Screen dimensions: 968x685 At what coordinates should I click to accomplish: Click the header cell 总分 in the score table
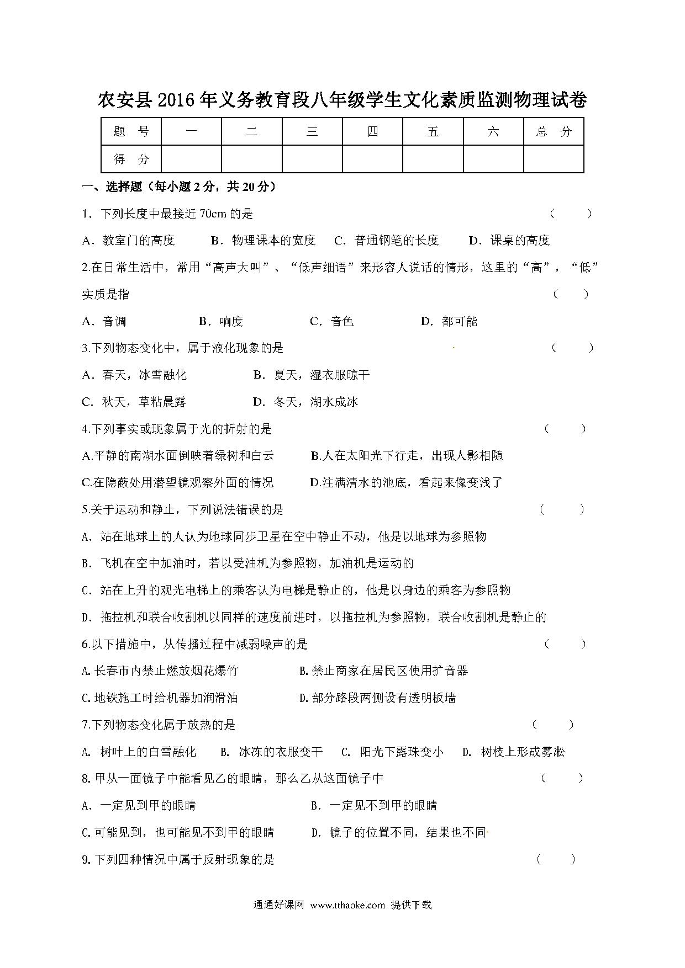[554, 132]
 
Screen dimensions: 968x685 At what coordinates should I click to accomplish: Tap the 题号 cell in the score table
[131, 132]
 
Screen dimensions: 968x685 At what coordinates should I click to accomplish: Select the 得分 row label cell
[131, 159]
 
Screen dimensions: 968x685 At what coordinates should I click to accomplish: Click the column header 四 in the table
[372, 132]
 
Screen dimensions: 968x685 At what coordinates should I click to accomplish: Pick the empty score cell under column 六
[493, 159]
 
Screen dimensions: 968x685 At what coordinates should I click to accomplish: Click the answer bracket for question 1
[571, 214]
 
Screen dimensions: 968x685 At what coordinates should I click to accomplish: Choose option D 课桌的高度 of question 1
[509, 241]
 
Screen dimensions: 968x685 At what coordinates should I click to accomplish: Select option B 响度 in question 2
[221, 322]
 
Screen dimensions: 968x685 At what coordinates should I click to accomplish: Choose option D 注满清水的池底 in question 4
[406, 483]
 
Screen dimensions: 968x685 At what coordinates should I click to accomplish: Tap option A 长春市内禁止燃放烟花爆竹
[160, 671]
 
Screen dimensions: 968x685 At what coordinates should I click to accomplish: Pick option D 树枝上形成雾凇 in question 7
[513, 752]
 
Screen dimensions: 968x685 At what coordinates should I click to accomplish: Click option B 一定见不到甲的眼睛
[374, 806]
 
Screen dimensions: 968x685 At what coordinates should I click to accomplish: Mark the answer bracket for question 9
[556, 859]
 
